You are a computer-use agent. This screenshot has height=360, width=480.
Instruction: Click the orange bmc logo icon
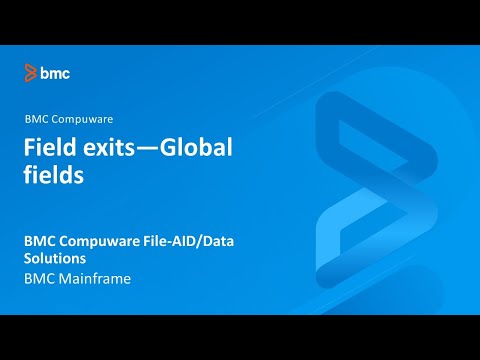coord(31,72)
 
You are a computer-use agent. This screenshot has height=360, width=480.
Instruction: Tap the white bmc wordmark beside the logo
coord(55,72)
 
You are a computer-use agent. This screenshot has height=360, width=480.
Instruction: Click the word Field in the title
coord(47,148)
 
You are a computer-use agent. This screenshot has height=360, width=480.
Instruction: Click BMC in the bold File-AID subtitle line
coord(43,241)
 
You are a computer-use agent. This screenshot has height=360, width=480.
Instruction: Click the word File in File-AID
coord(169,241)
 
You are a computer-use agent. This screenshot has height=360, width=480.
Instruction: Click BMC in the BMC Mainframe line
coord(40,279)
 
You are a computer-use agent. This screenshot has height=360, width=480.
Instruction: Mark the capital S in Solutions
coord(29,259)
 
